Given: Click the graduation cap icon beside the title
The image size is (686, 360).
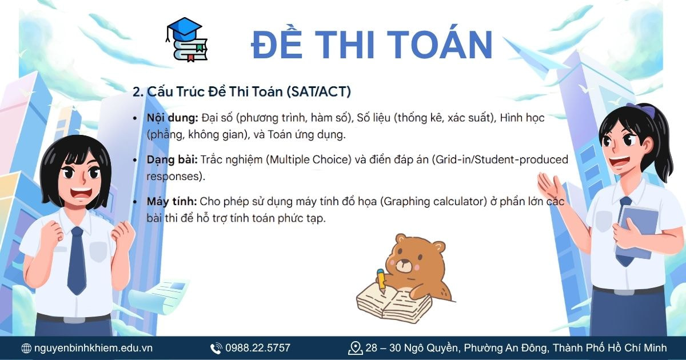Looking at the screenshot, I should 186,39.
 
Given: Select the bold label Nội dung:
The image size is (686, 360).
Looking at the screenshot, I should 172,118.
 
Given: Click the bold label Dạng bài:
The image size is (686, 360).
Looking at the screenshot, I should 172,159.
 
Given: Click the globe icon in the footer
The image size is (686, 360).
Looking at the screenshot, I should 26,348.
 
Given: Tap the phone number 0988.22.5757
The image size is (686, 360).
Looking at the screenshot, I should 257,348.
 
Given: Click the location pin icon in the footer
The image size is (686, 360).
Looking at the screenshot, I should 355,347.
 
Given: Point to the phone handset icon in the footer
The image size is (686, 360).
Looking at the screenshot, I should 216,348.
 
